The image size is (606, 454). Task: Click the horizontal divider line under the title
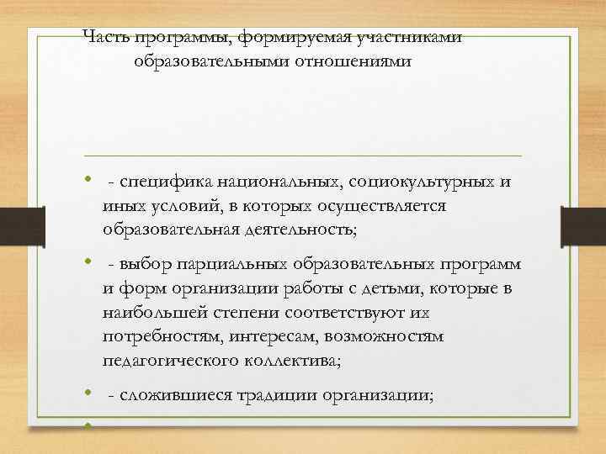(303, 156)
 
